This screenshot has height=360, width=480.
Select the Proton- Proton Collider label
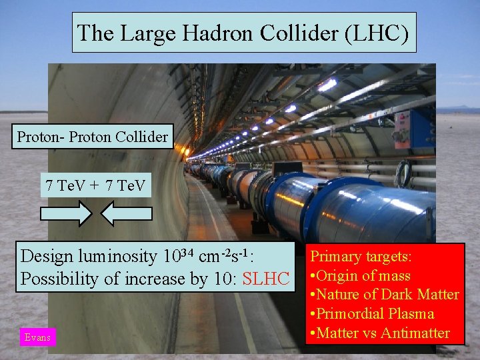(x=93, y=137)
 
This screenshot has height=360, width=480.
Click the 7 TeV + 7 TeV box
(x=95, y=184)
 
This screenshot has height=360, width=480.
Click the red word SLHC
(x=266, y=279)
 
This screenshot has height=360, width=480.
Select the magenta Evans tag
(x=37, y=337)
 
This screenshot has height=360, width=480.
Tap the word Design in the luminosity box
(x=47, y=256)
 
